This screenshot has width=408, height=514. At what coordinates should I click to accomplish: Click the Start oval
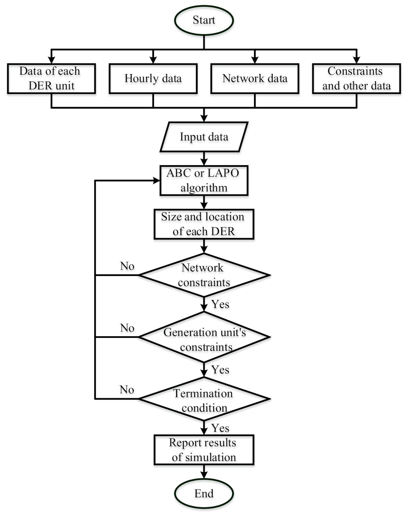(204, 20)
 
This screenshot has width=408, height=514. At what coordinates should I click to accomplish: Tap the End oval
(204, 493)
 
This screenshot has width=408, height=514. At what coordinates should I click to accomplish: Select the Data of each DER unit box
(51, 78)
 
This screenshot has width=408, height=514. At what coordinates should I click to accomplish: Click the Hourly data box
(153, 78)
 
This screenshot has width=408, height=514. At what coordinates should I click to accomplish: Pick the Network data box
(255, 78)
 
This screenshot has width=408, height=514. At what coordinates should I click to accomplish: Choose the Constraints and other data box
(356, 78)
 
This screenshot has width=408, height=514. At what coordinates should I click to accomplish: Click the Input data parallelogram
(204, 137)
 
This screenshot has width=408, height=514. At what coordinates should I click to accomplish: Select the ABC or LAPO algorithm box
(204, 180)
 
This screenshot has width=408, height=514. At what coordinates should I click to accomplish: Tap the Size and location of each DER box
(204, 224)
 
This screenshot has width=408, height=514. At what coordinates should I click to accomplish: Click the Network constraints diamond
(204, 275)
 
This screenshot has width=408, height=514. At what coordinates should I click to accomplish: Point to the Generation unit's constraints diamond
(204, 337)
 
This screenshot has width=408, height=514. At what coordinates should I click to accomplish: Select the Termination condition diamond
(204, 399)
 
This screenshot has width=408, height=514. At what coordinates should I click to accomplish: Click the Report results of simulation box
(204, 450)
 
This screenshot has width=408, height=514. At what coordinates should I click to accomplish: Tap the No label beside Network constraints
(127, 266)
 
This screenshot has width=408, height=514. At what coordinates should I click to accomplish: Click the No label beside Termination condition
(127, 390)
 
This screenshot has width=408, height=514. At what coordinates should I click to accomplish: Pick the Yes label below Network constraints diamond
(220, 304)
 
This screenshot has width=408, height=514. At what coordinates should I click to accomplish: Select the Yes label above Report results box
(220, 428)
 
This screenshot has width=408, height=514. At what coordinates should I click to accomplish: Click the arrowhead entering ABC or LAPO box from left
(156, 180)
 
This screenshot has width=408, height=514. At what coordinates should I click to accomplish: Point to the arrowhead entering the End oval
(204, 475)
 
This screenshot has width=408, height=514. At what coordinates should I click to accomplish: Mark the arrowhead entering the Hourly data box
(153, 60)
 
